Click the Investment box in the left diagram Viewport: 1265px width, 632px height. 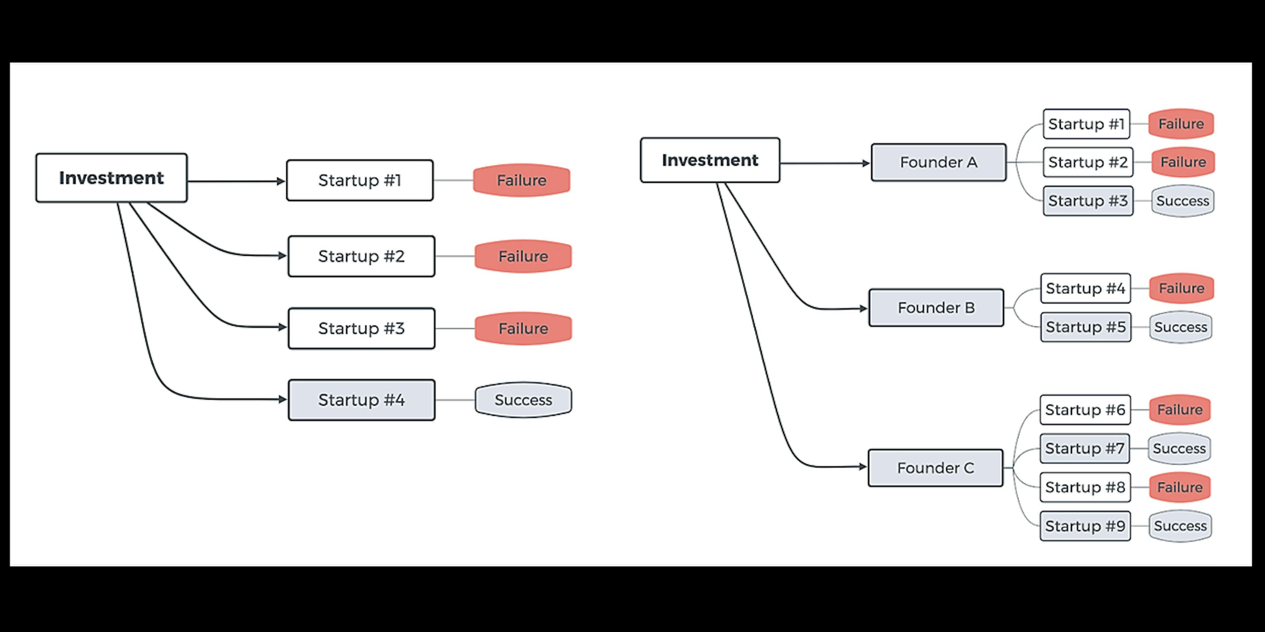click(x=111, y=178)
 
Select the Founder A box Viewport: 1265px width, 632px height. click(x=939, y=162)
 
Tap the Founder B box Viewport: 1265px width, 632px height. click(x=936, y=308)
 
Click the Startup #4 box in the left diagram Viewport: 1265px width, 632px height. click(x=361, y=400)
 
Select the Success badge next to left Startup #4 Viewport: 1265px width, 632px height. click(x=523, y=400)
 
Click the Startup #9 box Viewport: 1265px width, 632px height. click(x=1085, y=526)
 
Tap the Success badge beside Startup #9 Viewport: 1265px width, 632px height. click(x=1180, y=526)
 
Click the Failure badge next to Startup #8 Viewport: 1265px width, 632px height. click(x=1180, y=487)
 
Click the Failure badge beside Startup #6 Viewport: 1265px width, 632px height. click(x=1180, y=410)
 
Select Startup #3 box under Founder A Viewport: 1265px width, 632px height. click(x=1088, y=201)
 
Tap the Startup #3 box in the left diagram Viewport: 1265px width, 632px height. click(x=361, y=328)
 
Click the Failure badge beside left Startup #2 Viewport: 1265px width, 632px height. click(x=523, y=256)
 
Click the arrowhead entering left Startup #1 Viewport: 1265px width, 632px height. click(x=281, y=182)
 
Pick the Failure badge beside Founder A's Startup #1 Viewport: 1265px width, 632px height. click(x=1181, y=124)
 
